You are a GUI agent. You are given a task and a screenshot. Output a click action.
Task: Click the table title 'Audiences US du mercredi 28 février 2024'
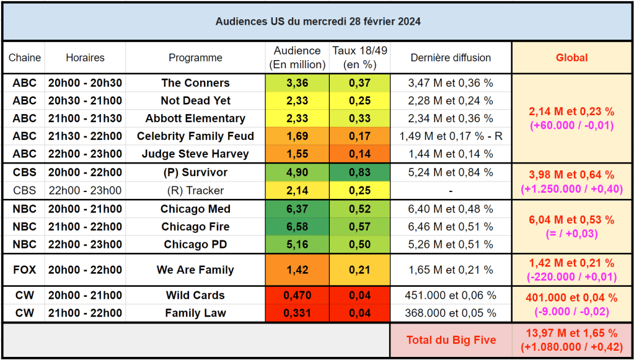point(317,22)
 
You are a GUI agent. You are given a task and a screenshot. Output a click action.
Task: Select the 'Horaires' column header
point(85,58)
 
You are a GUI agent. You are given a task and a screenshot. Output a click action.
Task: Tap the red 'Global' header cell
point(571,58)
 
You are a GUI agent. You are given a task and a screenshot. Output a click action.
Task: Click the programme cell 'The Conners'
point(195,83)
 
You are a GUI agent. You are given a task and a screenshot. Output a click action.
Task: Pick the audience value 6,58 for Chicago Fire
point(297,227)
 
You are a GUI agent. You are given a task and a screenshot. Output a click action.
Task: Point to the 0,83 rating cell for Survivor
point(359,173)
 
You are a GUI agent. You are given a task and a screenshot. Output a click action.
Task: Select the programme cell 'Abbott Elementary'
point(195,118)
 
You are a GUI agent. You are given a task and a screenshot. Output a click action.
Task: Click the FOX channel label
point(24,270)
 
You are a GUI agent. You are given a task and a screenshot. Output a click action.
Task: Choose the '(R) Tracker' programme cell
point(195,190)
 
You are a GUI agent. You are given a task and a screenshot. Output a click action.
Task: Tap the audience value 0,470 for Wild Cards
point(297,296)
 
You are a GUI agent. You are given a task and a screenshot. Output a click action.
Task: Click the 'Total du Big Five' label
point(451,340)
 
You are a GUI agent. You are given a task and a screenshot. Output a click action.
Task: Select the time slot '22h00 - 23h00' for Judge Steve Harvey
point(85,154)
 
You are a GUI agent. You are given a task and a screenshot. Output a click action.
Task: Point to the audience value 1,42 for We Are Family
point(297,270)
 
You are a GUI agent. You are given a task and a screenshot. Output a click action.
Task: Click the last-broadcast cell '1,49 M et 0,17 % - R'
point(451,136)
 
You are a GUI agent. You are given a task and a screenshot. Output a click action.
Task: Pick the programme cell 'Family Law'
point(195,313)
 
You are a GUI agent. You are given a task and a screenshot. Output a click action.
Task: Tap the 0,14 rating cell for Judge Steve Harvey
point(359,154)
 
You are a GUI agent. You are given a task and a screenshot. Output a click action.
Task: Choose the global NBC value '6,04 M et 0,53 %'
point(571,220)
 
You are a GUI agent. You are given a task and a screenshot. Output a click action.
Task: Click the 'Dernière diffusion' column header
point(451,58)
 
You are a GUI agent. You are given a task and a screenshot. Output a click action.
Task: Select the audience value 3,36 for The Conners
point(297,83)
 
